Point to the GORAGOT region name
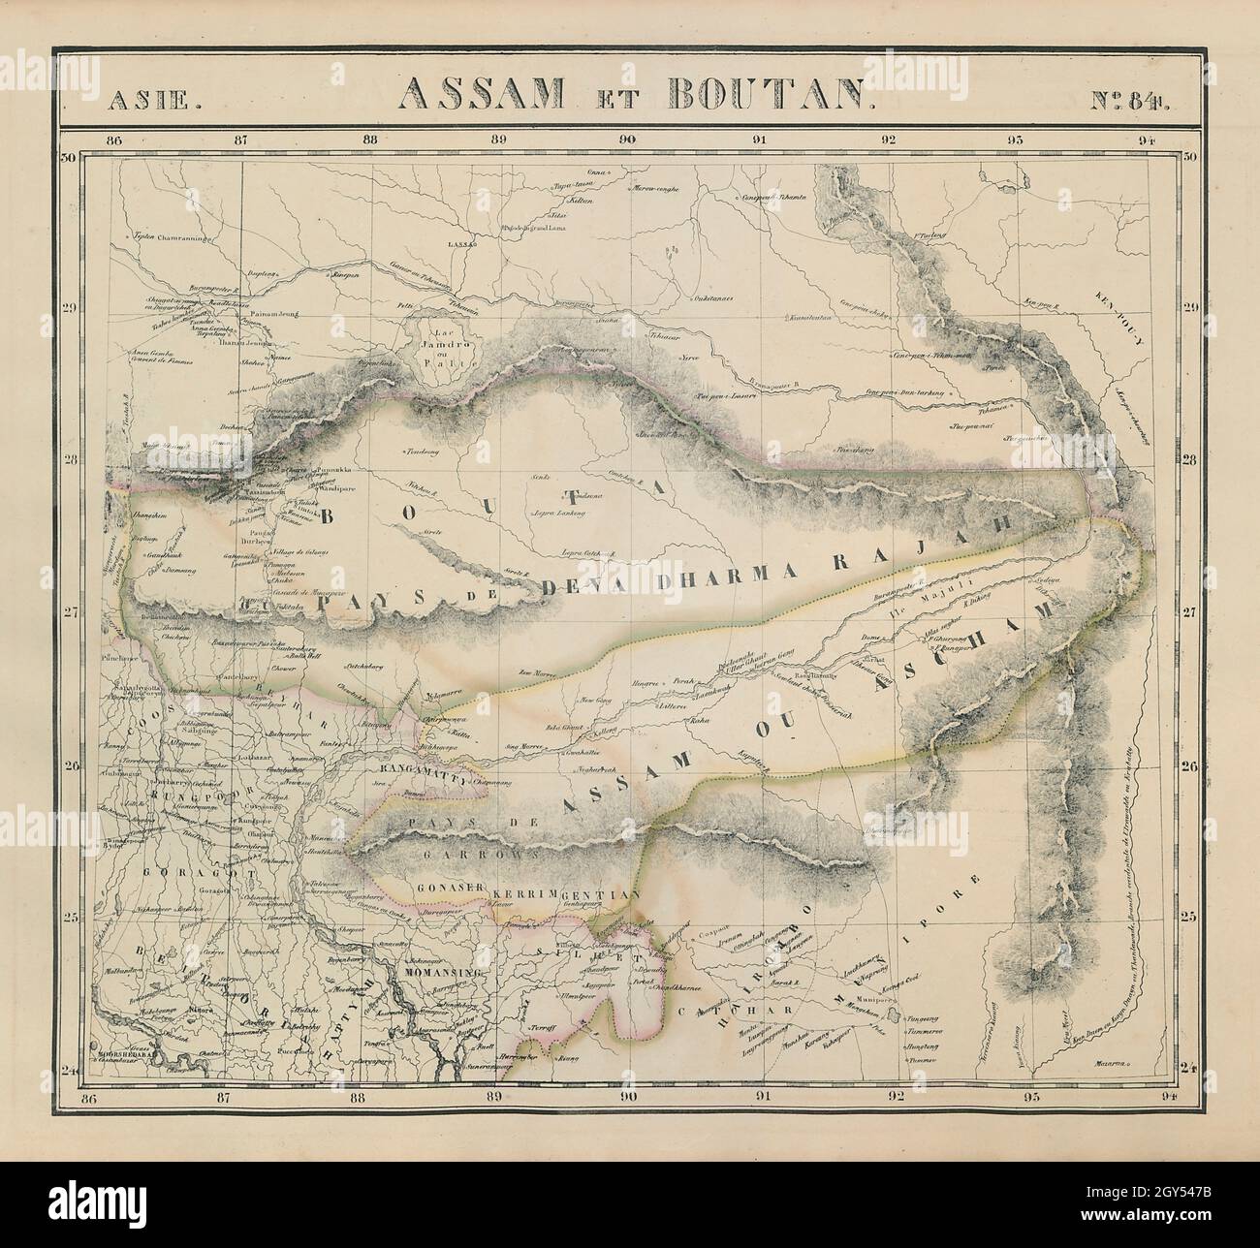174,871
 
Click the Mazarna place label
1111,1063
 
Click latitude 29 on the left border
71,309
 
